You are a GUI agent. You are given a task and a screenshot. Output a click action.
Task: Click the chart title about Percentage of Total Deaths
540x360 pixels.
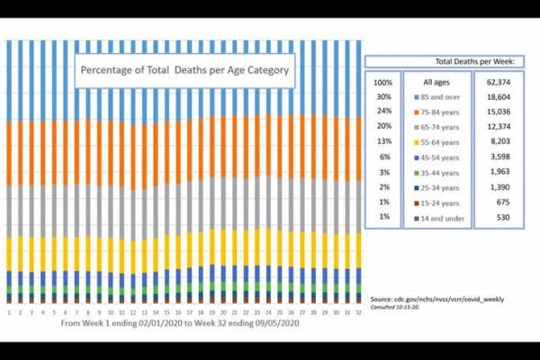coord(184,68)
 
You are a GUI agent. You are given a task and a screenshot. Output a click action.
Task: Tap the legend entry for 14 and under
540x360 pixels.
coord(437,218)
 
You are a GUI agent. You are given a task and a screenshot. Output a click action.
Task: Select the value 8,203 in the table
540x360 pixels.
coord(499,141)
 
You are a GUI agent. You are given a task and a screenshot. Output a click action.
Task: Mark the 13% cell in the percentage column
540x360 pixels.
coord(384,141)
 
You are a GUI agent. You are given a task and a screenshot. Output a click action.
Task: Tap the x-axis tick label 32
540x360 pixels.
coord(356,312)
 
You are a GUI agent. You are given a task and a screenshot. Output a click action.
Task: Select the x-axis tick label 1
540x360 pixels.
coord(9,312)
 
